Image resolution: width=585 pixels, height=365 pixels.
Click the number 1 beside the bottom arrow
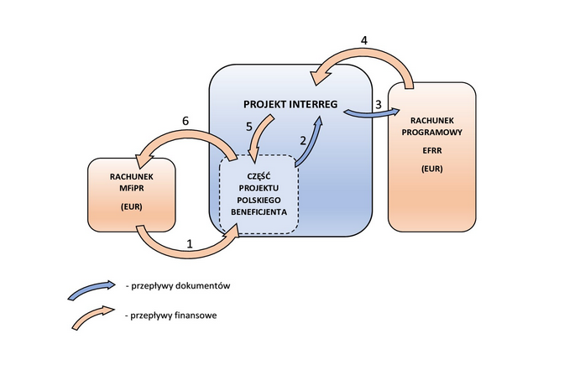click(190, 244)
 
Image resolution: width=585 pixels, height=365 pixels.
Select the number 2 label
click(303, 142)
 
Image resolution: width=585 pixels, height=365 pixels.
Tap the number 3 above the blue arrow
click(379, 105)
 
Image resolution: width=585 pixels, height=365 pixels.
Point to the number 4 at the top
click(363, 40)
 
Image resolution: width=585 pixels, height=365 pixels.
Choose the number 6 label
click(185, 121)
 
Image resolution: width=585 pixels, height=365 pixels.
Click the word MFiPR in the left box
click(130, 190)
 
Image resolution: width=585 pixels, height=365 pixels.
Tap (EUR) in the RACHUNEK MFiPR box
click(130, 206)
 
